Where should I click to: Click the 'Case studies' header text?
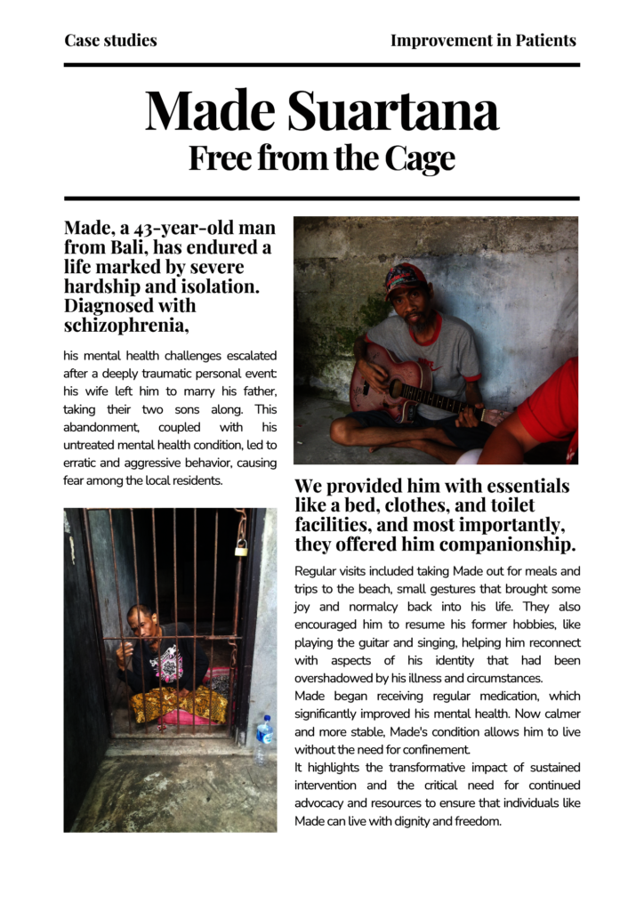[110, 40]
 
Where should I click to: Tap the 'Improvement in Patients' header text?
[483, 40]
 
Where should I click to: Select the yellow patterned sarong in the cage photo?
[179, 704]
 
